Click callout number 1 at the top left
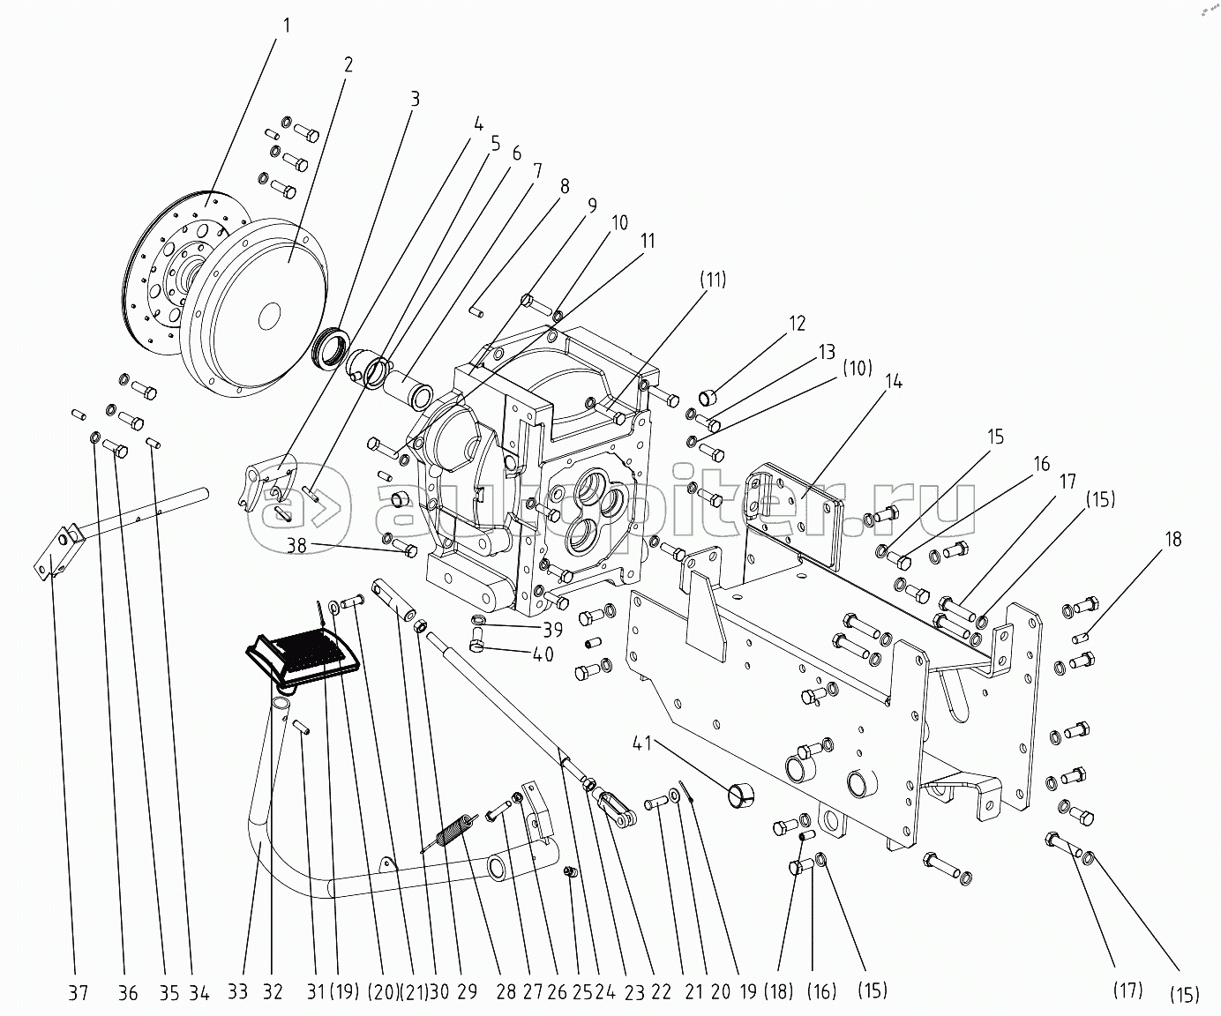pyautogui.click(x=286, y=26)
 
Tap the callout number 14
pyautogui.click(x=893, y=382)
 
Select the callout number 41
pyautogui.click(x=642, y=746)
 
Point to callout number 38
pyautogui.click(x=296, y=545)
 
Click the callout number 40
pyautogui.click(x=542, y=654)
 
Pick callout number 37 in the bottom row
pyautogui.click(x=78, y=992)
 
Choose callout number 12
pyautogui.click(x=797, y=324)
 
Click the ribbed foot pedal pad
pyautogui.click(x=302, y=658)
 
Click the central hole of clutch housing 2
pyautogui.click(x=270, y=316)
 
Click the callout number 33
pyautogui.click(x=236, y=992)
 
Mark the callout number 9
pyautogui.click(x=592, y=205)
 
